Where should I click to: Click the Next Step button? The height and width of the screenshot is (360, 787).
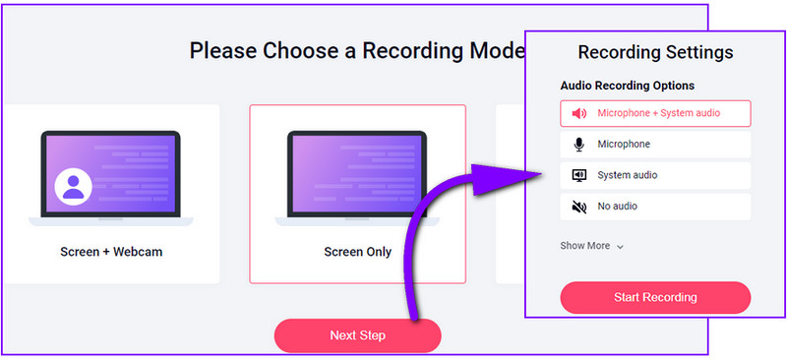point(357,335)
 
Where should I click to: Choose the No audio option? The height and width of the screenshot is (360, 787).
point(618,207)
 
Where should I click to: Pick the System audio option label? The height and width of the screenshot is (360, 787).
point(628,175)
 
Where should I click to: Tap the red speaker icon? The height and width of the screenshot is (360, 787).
point(578,113)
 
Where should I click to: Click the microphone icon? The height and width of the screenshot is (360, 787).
point(578,145)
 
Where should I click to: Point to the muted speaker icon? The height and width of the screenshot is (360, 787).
point(578,207)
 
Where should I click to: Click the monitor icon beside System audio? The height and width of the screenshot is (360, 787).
point(578,175)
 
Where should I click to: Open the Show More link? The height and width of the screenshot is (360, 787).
point(585,246)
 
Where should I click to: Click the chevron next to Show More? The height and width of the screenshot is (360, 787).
point(621,247)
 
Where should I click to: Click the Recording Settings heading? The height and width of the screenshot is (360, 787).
point(655,52)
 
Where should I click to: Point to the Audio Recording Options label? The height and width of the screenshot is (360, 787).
point(628,86)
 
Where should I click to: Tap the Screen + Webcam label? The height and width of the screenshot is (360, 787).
point(111,252)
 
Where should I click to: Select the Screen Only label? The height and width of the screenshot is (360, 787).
point(357,252)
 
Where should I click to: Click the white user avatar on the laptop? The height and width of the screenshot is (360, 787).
point(73,185)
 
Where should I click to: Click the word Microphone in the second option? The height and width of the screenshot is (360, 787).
point(624,145)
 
